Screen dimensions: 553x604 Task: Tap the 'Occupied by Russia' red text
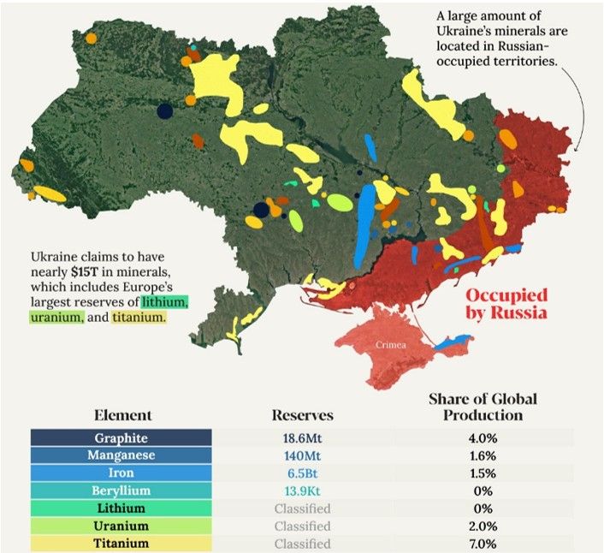506,304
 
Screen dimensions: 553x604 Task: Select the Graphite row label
121,437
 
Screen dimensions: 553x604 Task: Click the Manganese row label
121,455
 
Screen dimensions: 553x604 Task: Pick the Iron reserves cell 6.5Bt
301,473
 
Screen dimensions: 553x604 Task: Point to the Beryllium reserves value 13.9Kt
301,491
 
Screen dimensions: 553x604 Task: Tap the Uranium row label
121,526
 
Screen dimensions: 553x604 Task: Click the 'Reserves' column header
302,415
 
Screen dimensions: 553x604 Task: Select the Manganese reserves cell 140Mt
301,455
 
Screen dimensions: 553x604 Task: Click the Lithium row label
121,508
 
